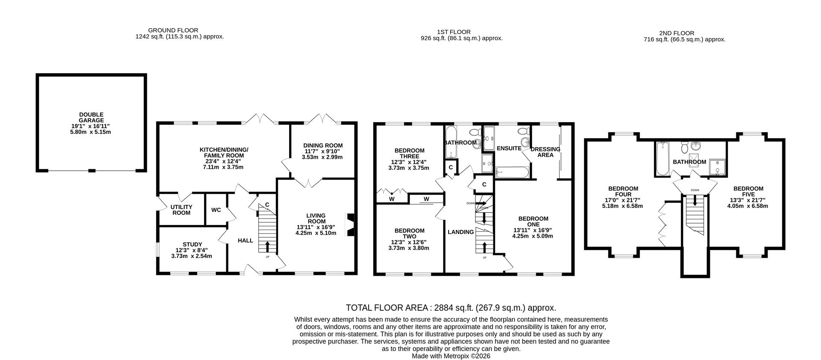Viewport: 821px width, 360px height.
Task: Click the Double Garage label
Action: [91, 118]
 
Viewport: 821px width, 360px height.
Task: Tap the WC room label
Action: [216, 210]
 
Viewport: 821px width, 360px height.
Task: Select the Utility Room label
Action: [181, 210]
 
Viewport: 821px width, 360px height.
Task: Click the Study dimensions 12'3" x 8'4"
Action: [192, 250]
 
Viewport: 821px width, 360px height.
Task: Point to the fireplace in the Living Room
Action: [351, 224]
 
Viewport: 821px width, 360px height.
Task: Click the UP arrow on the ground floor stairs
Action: [268, 247]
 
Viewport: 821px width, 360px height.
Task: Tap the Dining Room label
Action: [323, 145]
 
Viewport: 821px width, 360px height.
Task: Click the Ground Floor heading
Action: [173, 30]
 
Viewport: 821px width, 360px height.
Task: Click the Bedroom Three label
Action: [409, 153]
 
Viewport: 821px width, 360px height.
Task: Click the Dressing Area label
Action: [545, 152]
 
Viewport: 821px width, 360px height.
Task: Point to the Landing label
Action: [461, 232]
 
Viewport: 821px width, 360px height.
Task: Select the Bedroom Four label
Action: [623, 192]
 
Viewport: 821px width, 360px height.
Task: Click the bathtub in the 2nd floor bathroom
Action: [662, 159]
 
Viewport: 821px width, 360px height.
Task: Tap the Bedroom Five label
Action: [748, 192]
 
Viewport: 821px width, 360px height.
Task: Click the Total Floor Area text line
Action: [451, 308]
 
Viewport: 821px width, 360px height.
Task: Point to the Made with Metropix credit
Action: [451, 356]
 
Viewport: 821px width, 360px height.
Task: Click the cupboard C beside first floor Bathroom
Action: [451, 168]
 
